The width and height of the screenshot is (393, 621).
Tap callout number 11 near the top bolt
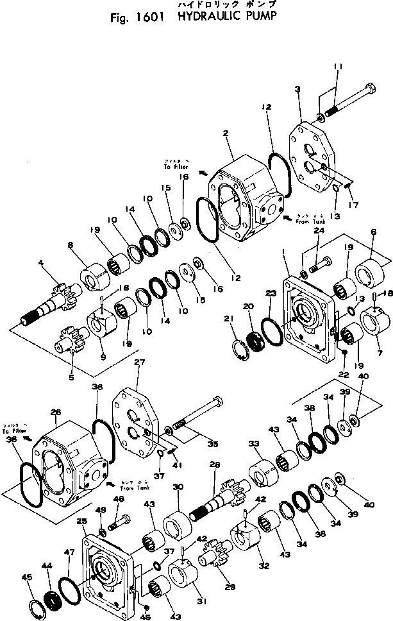[x=339, y=66]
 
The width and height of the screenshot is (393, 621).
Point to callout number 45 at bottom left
[x=26, y=577]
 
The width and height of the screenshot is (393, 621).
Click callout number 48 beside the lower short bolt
[x=120, y=498]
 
